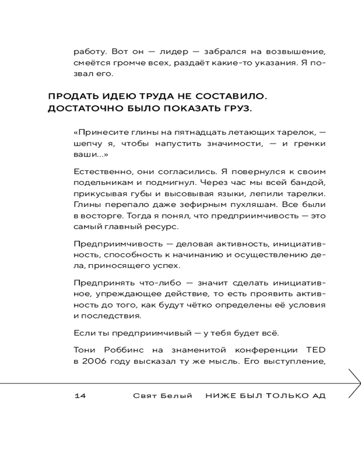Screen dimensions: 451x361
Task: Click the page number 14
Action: pyautogui.click(x=80, y=396)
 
